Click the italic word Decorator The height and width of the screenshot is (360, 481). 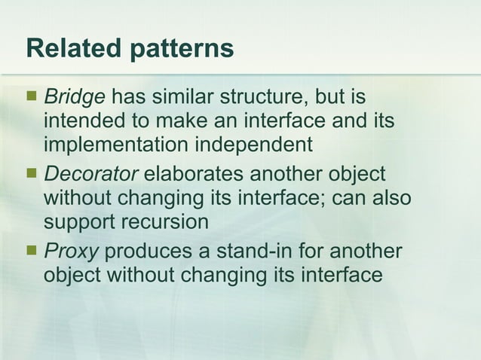tap(91, 175)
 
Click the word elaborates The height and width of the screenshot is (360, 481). tap(195, 175)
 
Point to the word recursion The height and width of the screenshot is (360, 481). tap(166, 223)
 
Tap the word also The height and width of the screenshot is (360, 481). tap(394, 199)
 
